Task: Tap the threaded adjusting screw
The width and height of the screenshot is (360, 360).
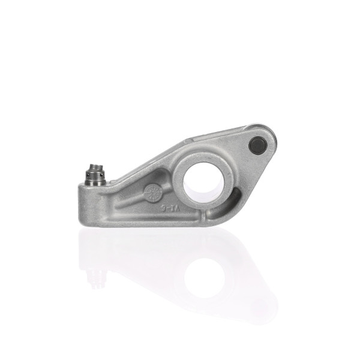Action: coord(94,175)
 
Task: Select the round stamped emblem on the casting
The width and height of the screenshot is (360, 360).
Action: coord(153,193)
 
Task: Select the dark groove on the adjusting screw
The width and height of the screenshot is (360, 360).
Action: coord(94,176)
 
